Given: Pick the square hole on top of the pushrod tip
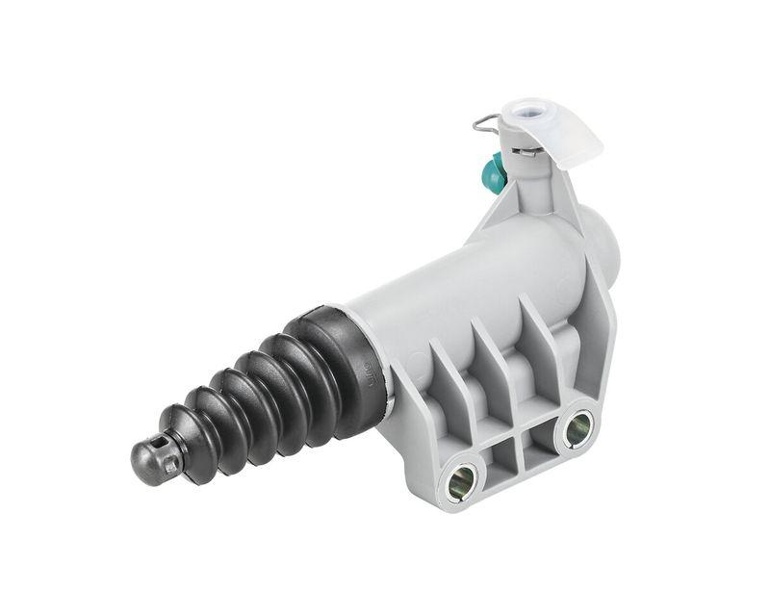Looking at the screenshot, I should point(171,465).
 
